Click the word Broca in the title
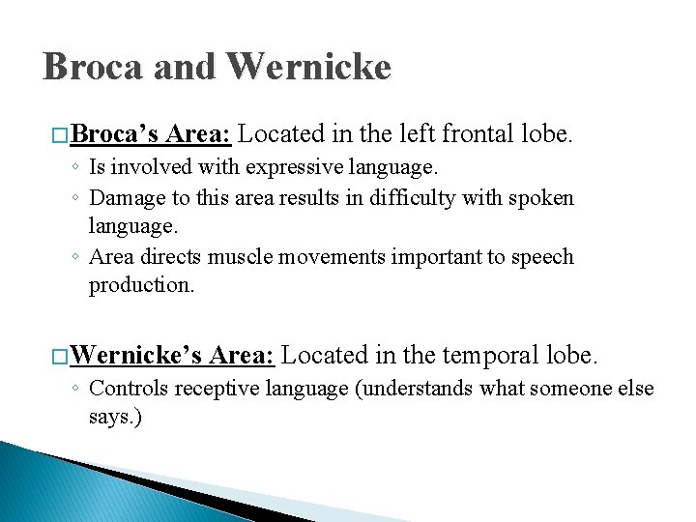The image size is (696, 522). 90,67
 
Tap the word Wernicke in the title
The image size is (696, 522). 308,67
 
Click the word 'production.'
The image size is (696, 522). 142,285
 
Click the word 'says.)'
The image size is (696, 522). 116,418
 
